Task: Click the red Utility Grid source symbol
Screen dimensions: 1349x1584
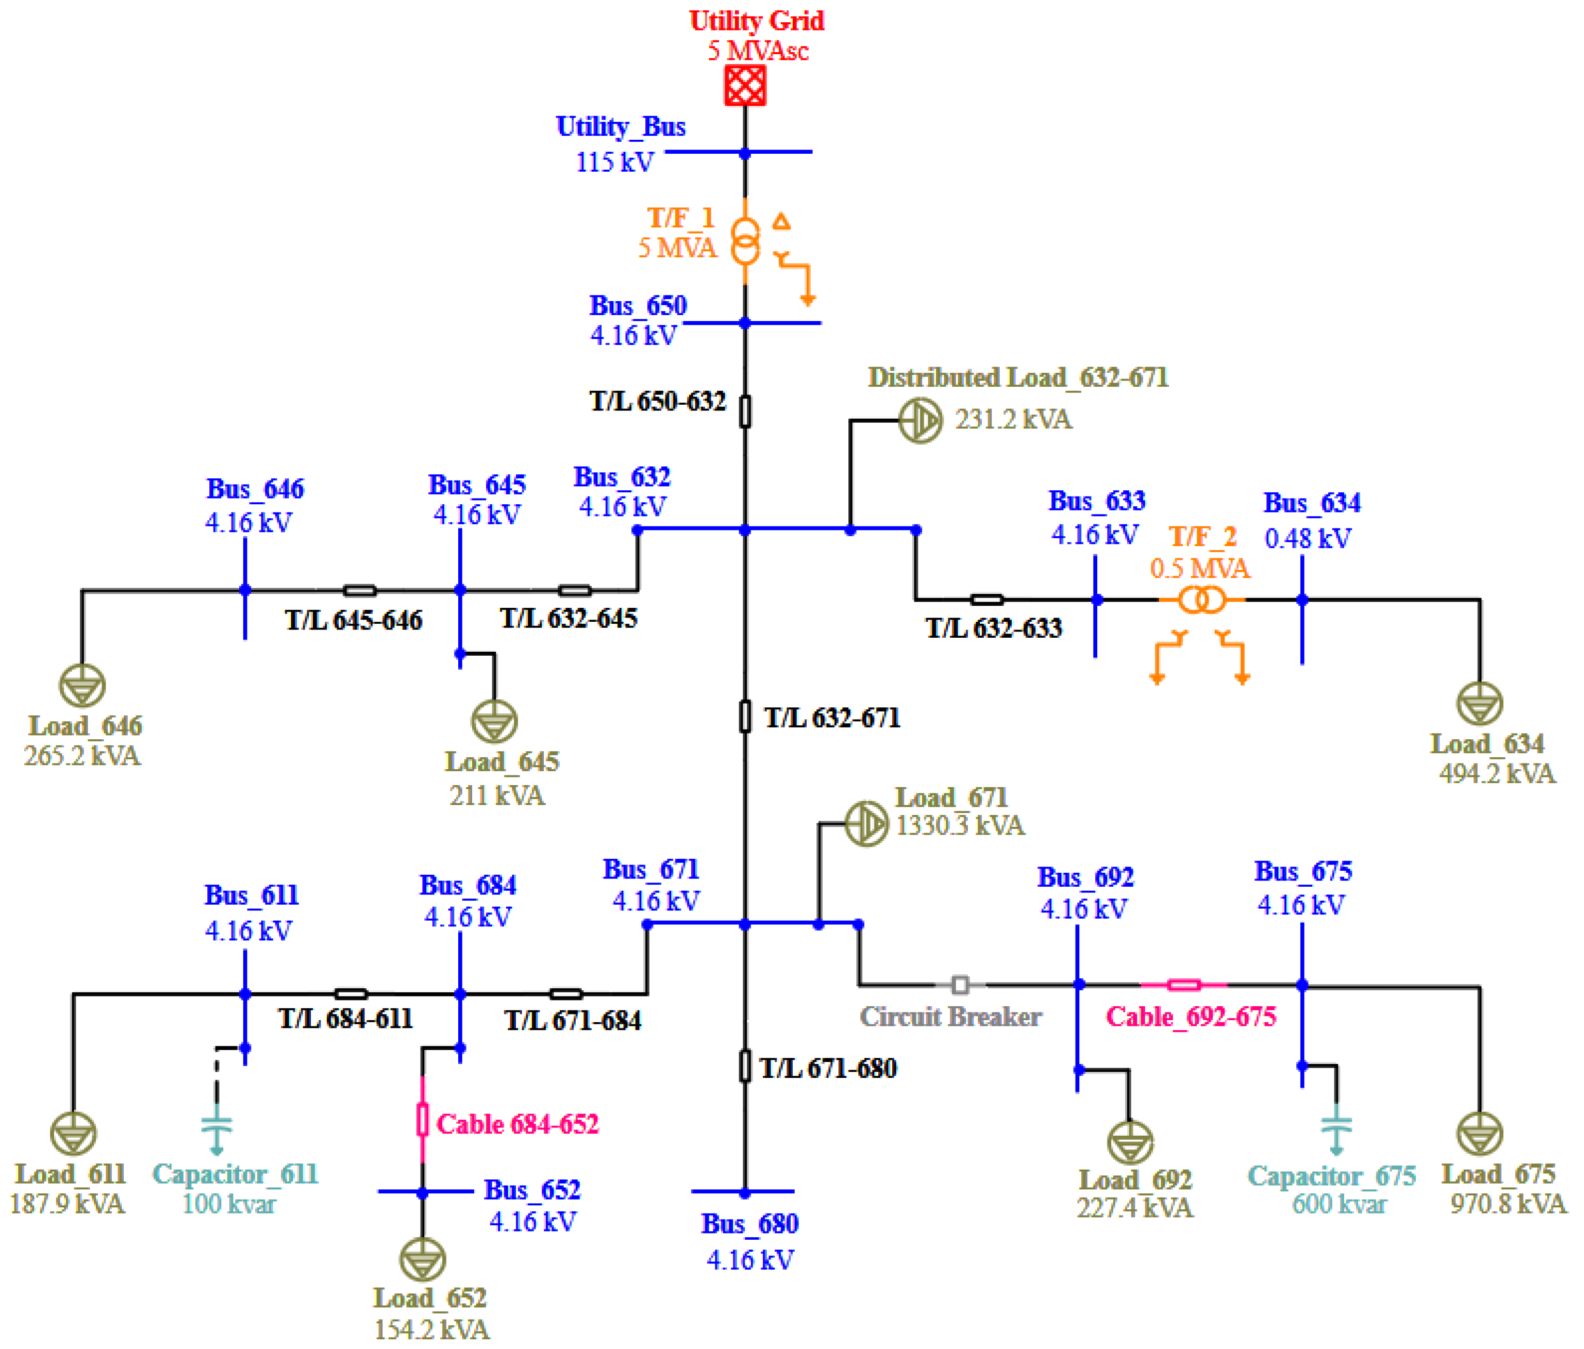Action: coord(744,85)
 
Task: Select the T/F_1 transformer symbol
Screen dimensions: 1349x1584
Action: coord(745,242)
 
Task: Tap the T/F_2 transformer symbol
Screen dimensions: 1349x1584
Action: coord(1201,600)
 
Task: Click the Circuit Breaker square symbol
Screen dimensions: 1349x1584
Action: coord(960,985)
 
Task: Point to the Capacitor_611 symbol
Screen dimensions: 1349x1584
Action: coord(217,1128)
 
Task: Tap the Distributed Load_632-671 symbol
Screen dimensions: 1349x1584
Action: coord(920,421)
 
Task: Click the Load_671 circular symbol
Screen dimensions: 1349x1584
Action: coord(866,823)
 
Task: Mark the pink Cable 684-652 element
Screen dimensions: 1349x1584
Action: coord(422,1120)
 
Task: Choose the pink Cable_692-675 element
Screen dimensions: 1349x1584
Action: coord(1183,985)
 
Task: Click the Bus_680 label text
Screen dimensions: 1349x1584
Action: coord(749,1224)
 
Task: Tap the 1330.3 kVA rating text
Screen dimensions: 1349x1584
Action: coord(959,826)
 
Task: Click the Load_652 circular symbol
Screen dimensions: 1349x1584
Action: coord(422,1260)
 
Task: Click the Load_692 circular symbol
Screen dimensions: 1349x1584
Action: coord(1130,1143)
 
